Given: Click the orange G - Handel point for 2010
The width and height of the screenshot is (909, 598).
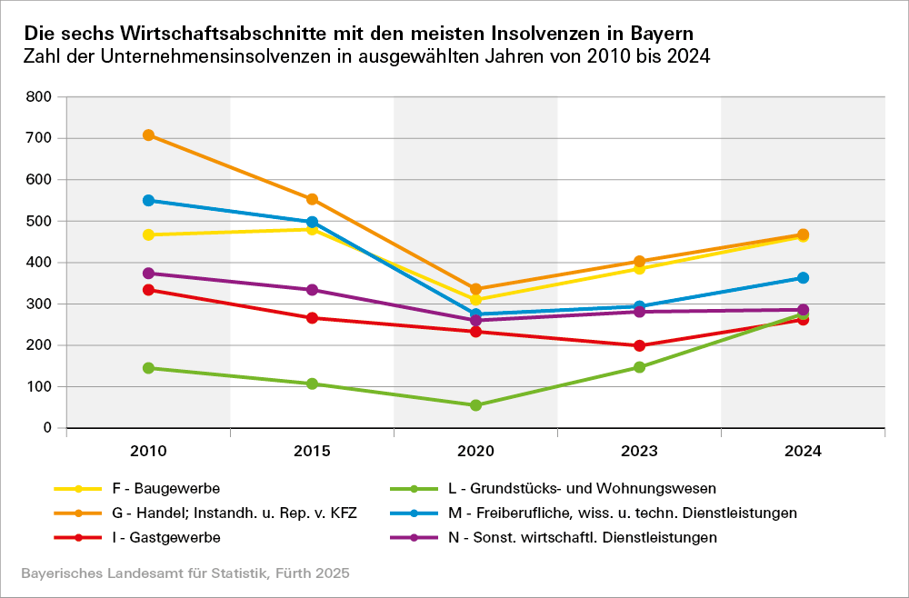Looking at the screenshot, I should click(148, 135).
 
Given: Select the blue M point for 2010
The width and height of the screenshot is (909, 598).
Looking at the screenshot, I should click(148, 200).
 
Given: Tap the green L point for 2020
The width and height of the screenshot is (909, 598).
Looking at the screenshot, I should click(475, 405).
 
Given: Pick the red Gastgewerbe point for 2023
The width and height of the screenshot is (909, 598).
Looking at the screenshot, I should click(639, 345).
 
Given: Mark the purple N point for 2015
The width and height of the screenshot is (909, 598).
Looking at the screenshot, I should click(312, 290).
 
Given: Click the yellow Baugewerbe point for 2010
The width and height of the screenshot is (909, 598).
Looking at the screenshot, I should click(148, 234).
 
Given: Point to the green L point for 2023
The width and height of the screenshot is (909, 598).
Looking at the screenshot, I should click(639, 367).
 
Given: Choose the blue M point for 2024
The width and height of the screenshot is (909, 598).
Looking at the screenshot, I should click(803, 278).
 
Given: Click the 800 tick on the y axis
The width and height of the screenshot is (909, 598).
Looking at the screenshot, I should click(41, 96).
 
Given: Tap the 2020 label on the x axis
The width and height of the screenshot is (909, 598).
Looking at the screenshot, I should click(475, 452).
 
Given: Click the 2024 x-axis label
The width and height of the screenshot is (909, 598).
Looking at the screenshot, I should click(803, 452).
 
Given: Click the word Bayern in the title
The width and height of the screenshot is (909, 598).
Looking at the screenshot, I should click(663, 33).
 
